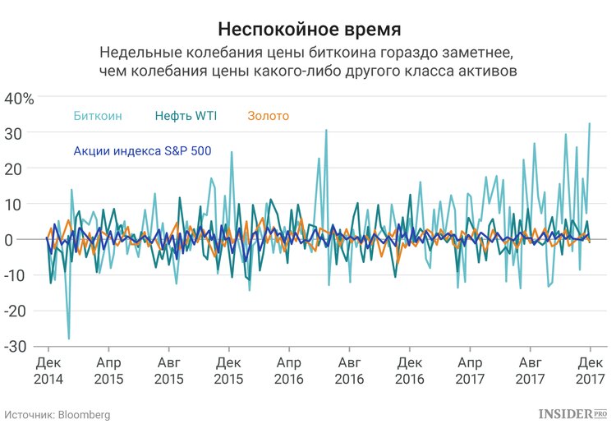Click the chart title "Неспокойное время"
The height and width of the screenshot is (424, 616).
pos(309,30)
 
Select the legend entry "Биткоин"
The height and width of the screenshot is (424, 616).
pos(97,116)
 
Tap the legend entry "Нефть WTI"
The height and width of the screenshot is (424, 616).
pos(185,116)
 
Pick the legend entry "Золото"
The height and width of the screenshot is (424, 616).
pos(268,116)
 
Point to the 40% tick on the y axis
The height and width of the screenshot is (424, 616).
pos(19,98)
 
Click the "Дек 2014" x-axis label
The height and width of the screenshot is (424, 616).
pos(48,370)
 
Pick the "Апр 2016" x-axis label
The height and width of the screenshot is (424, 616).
pos(289,370)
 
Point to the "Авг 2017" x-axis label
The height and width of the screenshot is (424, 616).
pos(530,370)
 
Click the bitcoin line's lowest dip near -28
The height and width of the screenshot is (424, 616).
pos(69,339)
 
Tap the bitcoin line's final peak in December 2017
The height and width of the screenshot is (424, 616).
pos(590,124)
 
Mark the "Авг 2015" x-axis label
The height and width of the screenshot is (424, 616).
pos(168,370)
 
